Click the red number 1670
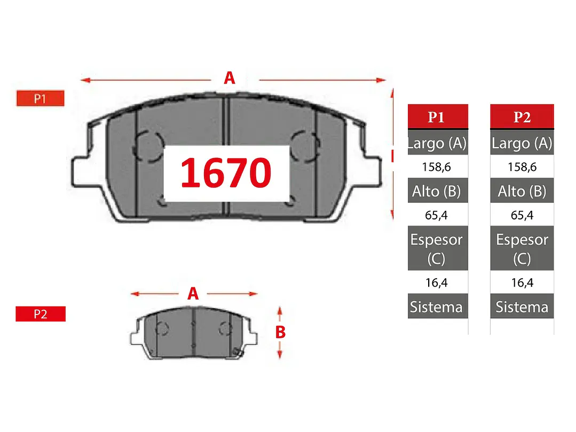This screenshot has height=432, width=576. [x=226, y=172]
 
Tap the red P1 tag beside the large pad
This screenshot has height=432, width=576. [x=41, y=98]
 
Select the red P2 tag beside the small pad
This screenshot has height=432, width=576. [x=41, y=313]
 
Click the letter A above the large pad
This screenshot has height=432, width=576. [x=230, y=78]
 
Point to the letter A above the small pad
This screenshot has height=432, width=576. [x=193, y=294]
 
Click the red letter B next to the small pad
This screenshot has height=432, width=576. [x=280, y=332]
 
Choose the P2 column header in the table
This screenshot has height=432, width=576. [x=522, y=116]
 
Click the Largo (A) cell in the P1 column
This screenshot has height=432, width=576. [x=438, y=143]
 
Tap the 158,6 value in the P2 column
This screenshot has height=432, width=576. [x=522, y=167]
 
